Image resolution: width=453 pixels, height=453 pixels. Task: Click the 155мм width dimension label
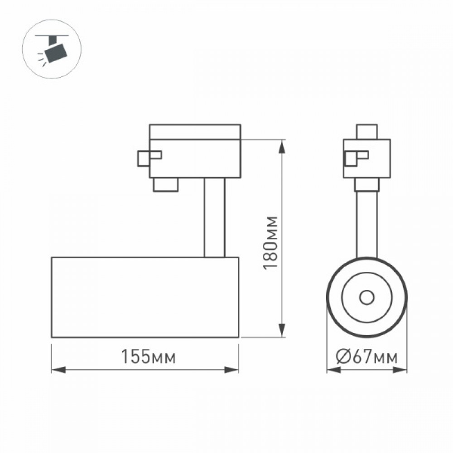coord(149,357)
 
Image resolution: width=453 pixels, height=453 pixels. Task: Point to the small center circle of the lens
coord(367,297)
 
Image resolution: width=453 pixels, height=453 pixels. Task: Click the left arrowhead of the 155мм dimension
coord(58,370)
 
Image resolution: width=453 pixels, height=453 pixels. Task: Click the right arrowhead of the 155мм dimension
coord(231,370)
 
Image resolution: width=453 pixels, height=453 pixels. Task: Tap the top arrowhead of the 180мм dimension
coord(282,147)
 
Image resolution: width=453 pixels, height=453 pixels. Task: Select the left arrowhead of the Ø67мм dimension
coord(334,370)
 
